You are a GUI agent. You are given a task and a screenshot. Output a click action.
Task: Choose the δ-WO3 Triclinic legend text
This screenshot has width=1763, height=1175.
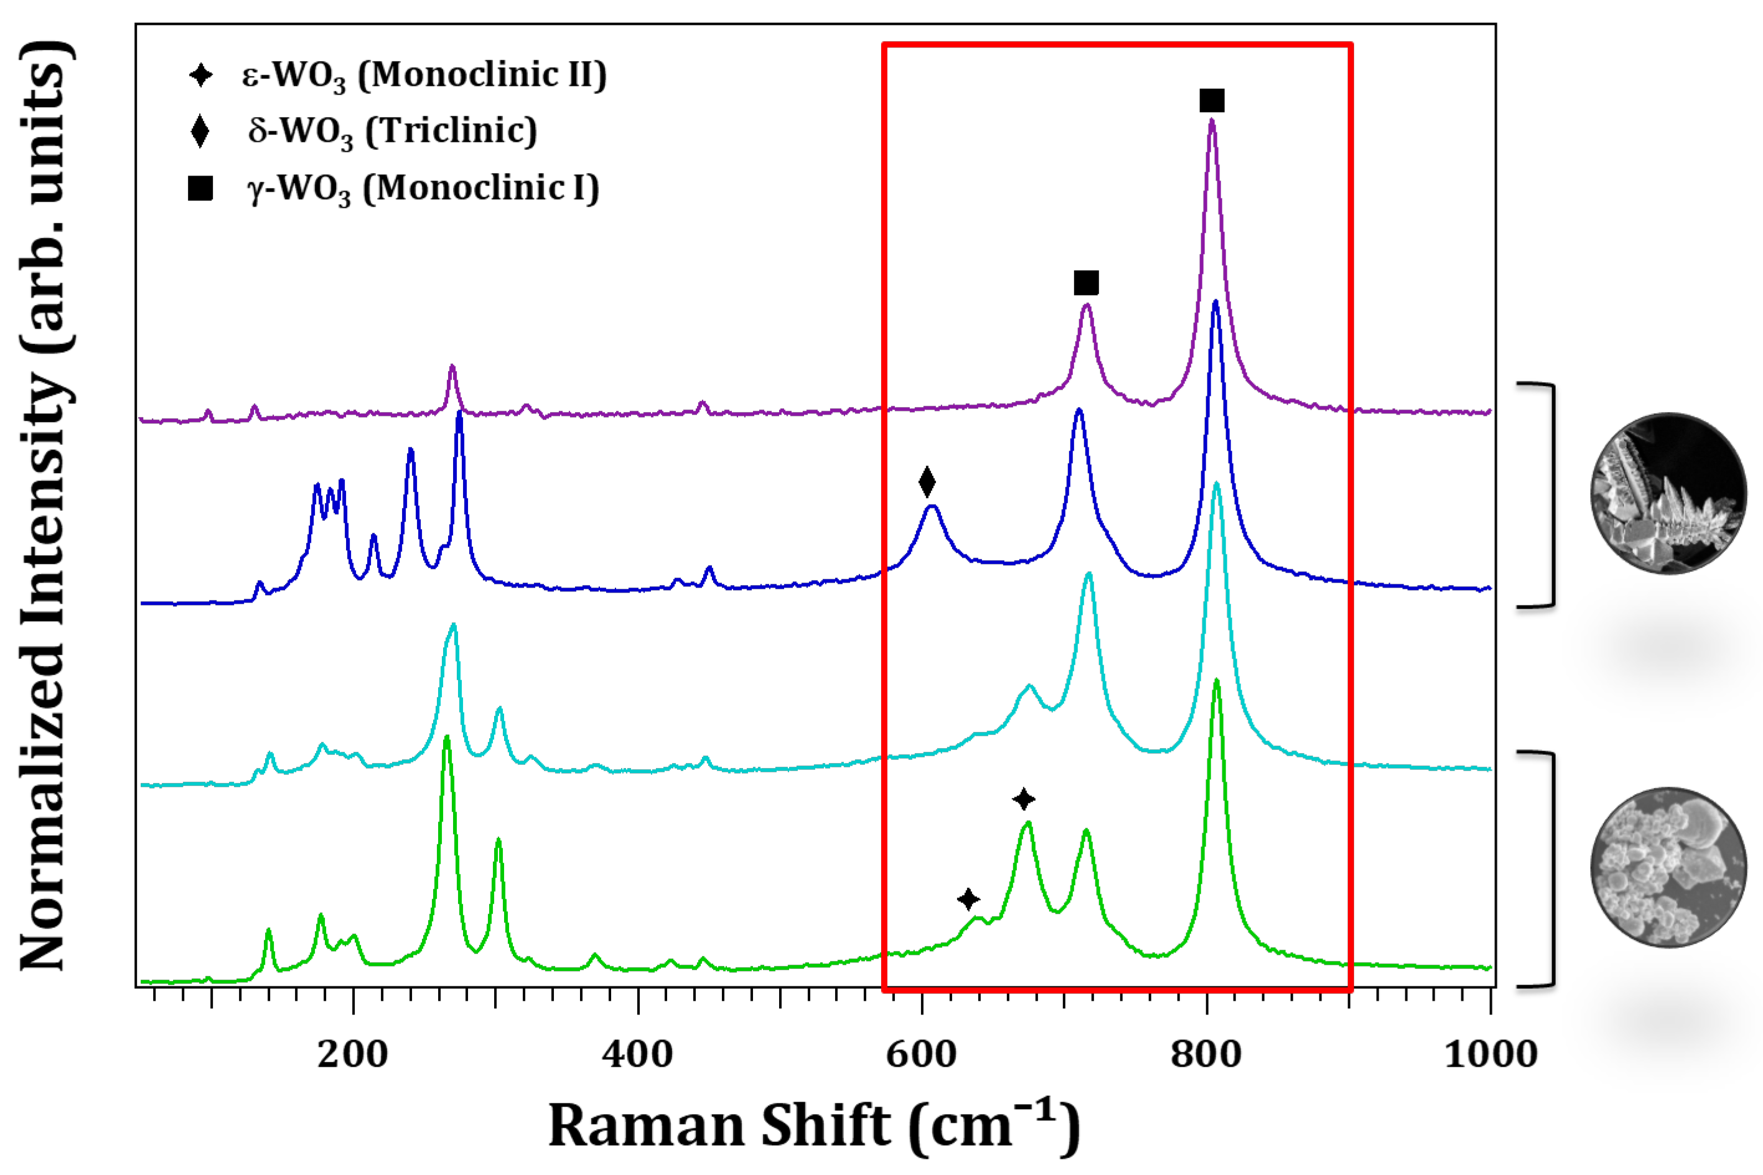pos(393,132)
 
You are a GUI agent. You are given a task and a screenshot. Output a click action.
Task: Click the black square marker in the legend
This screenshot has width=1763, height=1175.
pos(200,189)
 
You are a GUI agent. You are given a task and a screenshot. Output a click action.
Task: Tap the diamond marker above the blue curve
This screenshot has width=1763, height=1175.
pos(927,482)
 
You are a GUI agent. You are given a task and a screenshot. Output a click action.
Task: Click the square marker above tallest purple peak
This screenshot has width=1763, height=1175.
pos(1212,100)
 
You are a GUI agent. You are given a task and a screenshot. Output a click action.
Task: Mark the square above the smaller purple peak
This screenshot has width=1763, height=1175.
pos(1086,283)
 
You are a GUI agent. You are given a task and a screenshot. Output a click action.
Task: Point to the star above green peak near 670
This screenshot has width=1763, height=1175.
pos(1024,800)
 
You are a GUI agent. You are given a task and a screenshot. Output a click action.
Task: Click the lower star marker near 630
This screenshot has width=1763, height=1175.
pos(968,899)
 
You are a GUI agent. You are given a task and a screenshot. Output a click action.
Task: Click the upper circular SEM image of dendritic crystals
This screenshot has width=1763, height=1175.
pos(1668,493)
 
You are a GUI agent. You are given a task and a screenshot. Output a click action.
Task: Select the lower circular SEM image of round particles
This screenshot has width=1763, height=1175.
pos(1668,868)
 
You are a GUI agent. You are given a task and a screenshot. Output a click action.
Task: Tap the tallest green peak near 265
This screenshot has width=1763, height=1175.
pos(447,739)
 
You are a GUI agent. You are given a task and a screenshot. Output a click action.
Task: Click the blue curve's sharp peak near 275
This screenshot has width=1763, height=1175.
pos(459,414)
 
